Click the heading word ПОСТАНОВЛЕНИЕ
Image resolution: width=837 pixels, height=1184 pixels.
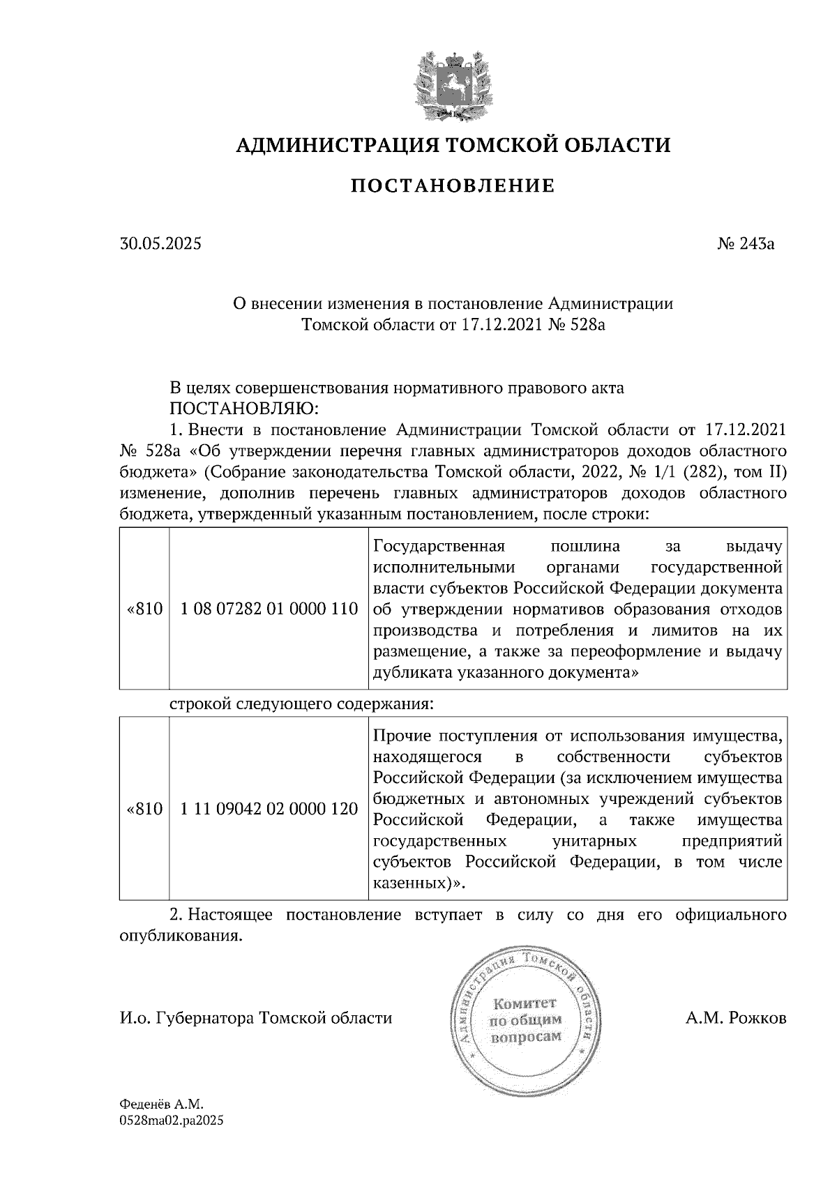tap(452, 186)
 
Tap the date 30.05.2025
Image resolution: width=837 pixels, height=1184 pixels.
tap(160, 244)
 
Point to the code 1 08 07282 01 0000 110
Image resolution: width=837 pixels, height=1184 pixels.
tap(269, 609)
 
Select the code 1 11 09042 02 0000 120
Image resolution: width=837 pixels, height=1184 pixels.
tap(269, 809)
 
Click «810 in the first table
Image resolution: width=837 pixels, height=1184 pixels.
tap(145, 609)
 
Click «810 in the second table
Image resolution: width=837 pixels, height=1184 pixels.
tap(145, 809)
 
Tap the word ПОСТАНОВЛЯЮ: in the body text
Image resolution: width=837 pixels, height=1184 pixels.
tap(246, 407)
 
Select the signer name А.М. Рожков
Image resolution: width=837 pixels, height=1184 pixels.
tap(735, 1019)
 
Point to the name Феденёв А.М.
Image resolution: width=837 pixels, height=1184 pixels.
tap(160, 1105)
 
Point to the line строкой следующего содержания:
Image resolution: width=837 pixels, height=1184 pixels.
tap(302, 704)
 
